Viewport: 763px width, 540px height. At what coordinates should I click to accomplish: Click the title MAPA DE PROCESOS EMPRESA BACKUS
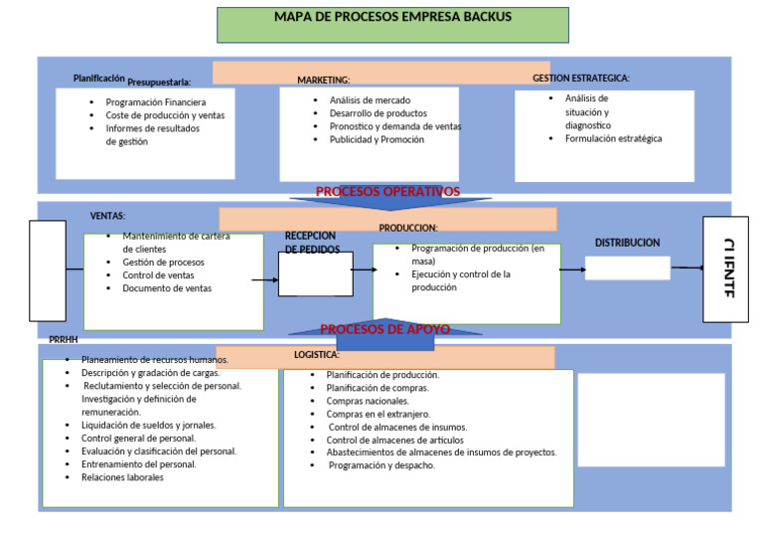[392, 18]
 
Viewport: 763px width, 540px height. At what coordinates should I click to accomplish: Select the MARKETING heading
[324, 80]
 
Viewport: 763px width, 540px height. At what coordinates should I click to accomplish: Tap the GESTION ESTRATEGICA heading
[581, 78]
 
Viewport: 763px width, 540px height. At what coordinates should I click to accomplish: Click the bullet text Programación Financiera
[156, 102]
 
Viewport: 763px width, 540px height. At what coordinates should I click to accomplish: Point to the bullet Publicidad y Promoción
[377, 140]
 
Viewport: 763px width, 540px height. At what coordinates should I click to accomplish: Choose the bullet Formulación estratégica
[613, 139]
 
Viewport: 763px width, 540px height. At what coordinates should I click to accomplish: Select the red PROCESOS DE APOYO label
[384, 329]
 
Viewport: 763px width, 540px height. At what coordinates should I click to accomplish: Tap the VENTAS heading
[108, 216]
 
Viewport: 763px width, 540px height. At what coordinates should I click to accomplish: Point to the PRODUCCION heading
[408, 228]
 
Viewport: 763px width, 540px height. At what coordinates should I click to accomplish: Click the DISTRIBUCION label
[627, 243]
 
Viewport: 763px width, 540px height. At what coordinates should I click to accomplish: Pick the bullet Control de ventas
[158, 275]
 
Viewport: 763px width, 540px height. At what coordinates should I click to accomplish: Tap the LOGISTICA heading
[316, 354]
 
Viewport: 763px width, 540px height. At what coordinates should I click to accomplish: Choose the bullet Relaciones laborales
[122, 477]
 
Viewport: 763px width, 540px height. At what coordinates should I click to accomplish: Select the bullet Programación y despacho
[381, 465]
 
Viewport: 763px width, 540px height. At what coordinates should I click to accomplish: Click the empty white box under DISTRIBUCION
[627, 269]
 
